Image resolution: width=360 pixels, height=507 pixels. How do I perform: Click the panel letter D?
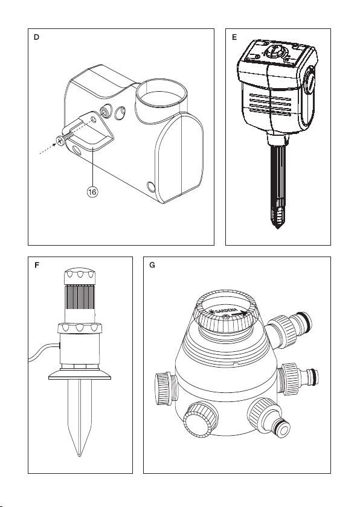[36, 37]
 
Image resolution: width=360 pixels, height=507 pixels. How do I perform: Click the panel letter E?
[234, 37]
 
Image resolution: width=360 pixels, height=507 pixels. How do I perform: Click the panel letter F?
[37, 266]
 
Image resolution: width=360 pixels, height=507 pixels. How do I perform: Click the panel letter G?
[152, 266]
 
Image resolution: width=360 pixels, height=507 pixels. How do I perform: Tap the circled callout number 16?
[92, 192]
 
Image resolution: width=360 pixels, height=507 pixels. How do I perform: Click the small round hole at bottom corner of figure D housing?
[151, 187]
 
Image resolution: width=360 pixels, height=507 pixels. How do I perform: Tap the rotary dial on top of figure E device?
[274, 51]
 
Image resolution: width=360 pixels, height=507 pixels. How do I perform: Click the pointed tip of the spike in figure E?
[277, 228]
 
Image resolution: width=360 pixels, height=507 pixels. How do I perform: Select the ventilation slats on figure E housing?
[269, 103]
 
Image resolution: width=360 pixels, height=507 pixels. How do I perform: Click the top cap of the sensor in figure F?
[80, 275]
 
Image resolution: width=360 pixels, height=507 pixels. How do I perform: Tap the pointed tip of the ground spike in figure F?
[80, 455]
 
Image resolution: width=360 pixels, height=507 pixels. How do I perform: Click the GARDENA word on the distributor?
[226, 311]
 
